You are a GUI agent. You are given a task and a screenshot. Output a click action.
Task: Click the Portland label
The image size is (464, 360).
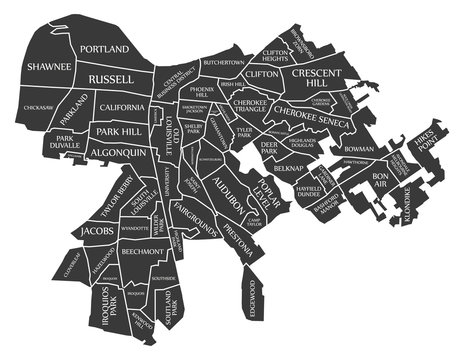tap(106, 49)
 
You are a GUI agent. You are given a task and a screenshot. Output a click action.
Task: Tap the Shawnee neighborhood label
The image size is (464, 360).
tap(49, 67)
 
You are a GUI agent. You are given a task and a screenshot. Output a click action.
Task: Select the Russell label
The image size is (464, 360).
tap(111, 78)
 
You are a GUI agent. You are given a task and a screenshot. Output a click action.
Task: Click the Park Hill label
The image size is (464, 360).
tap(119, 131)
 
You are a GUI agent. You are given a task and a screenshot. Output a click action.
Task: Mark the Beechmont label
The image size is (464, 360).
tap(121, 253)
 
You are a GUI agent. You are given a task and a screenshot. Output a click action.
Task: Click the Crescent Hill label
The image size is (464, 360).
tap(317, 79)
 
